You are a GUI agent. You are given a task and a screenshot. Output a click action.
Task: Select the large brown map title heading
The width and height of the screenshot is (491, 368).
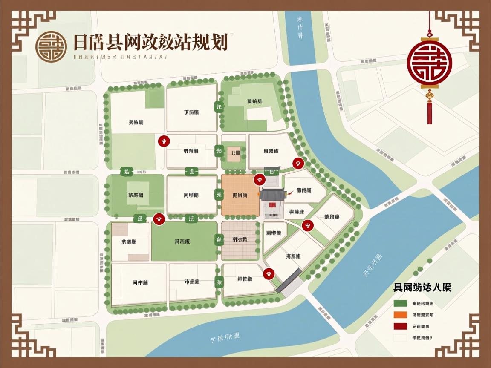[150, 43]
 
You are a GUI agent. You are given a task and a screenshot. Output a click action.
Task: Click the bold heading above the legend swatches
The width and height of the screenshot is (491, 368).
[422, 287]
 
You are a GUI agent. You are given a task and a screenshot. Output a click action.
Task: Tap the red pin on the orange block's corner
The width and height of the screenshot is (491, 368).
[258, 180]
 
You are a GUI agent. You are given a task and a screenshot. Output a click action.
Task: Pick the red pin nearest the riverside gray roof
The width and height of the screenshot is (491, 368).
[269, 273]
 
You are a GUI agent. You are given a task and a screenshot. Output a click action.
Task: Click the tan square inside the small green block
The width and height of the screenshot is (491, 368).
[234, 153]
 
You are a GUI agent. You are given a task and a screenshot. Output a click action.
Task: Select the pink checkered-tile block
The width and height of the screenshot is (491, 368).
[240, 241]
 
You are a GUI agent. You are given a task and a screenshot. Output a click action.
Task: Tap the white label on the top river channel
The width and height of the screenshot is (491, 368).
[300, 26]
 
